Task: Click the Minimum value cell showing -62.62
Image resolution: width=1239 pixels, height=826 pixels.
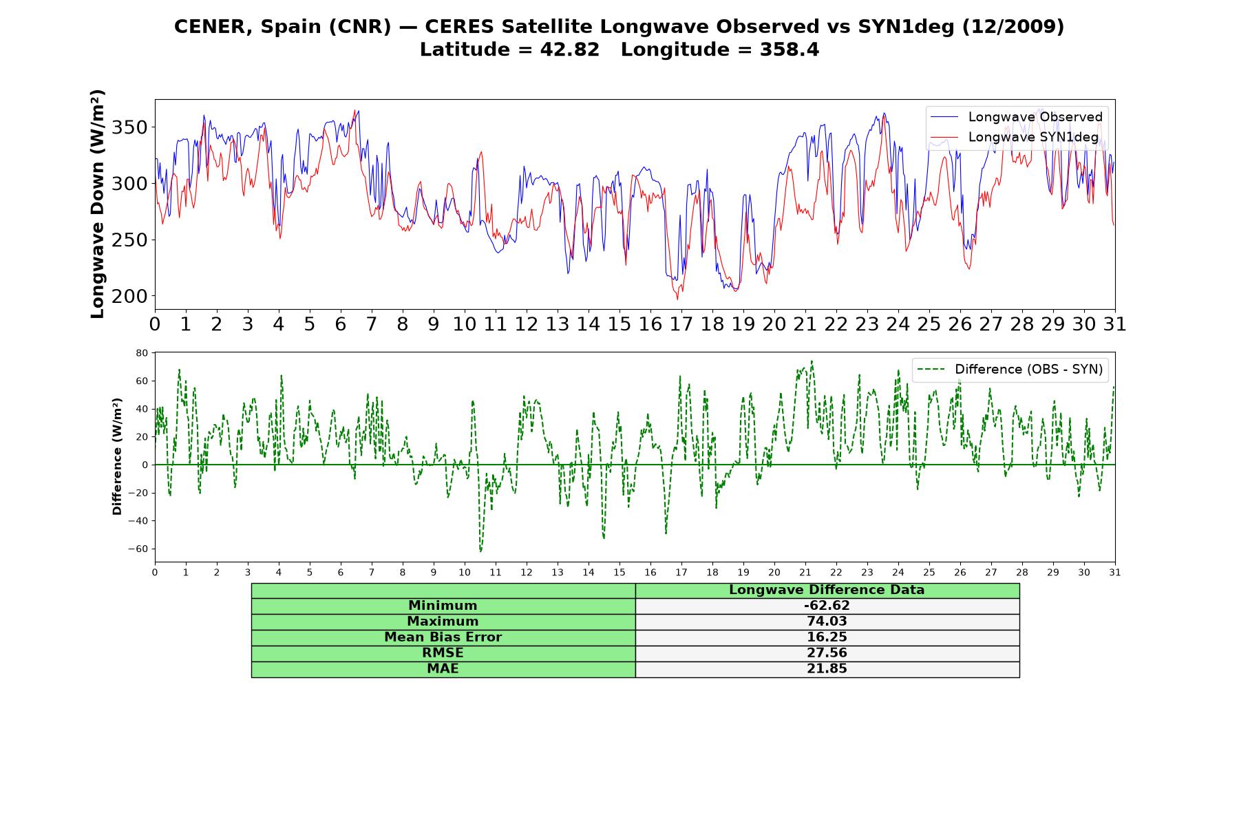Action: click(x=827, y=606)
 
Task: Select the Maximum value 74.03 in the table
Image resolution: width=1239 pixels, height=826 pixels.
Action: click(x=827, y=622)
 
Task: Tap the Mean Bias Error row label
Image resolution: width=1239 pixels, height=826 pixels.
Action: click(x=443, y=637)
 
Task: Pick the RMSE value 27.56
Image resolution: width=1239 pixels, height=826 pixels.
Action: click(x=827, y=653)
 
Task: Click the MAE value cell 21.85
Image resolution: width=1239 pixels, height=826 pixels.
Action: click(x=827, y=669)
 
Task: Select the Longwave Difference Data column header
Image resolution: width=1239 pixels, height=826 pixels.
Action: click(x=827, y=590)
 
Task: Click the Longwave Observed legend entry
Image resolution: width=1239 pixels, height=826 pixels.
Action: click(x=1017, y=117)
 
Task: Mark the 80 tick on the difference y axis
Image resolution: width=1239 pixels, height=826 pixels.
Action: click(x=142, y=353)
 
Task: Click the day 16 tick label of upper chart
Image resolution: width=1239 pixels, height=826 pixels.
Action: click(x=650, y=324)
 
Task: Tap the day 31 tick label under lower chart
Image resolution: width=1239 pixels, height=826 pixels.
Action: click(x=1115, y=573)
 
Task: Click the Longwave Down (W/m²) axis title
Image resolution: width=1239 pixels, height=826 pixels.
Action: click(x=98, y=204)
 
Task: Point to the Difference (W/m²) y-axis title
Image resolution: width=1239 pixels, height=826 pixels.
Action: click(x=117, y=456)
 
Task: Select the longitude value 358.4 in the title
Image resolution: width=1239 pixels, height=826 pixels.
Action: click(x=790, y=50)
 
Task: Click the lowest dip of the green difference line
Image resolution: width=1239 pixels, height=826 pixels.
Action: click(x=480, y=551)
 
